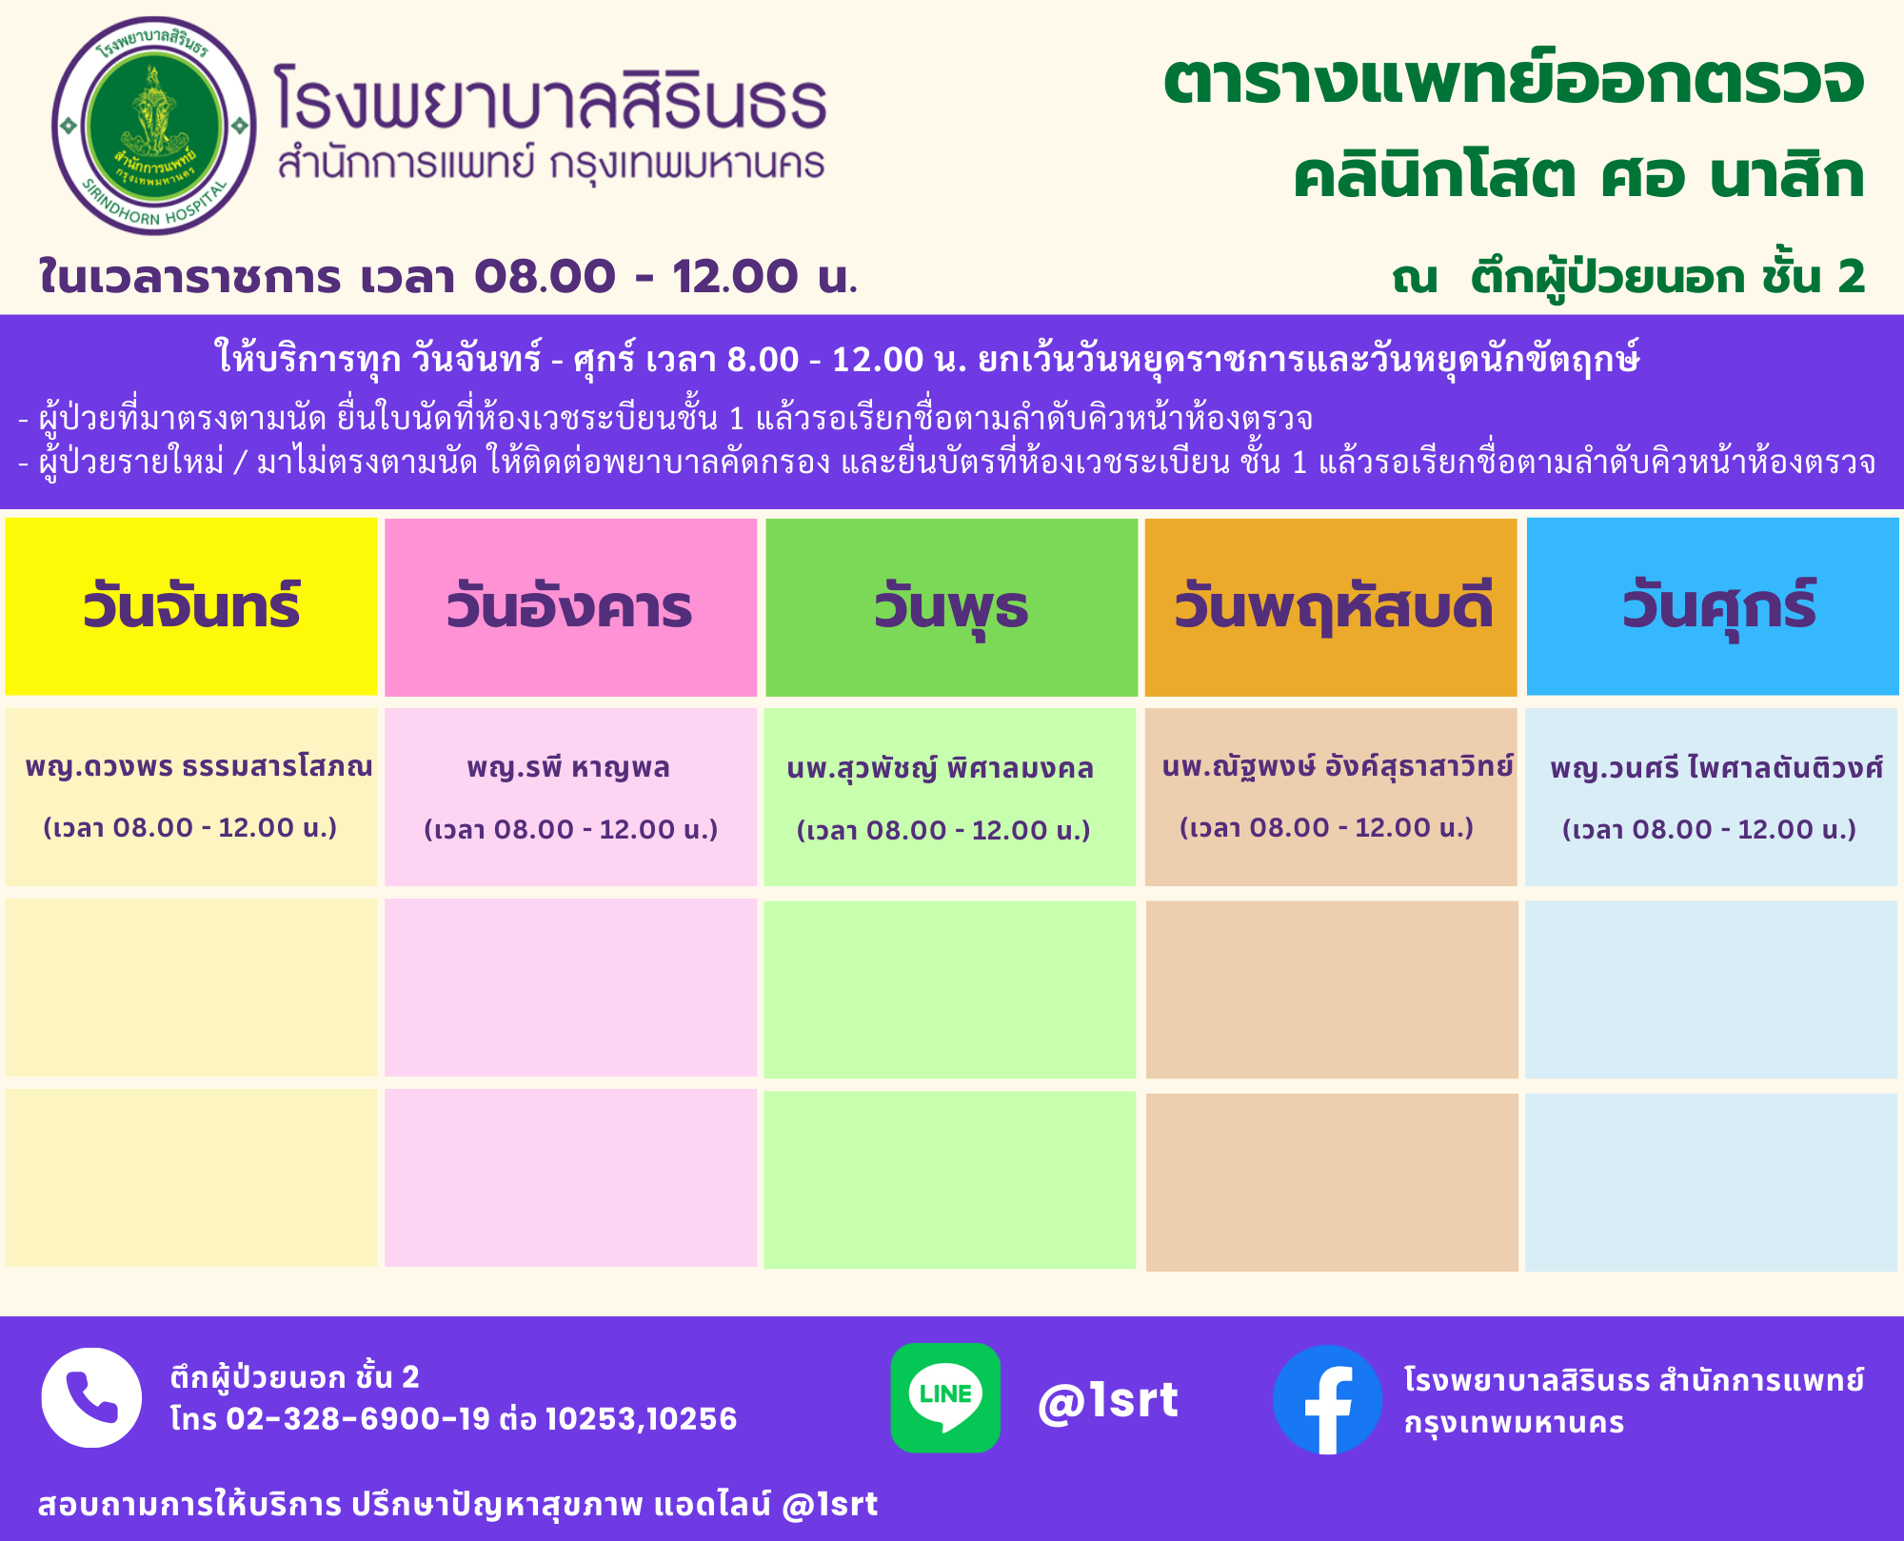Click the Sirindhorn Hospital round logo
point(154,126)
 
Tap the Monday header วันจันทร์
point(191,606)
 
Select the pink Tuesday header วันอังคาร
point(569,607)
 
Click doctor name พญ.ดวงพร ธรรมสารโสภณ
point(199,766)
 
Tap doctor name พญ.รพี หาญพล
point(568,767)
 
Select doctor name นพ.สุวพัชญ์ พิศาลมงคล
point(941,767)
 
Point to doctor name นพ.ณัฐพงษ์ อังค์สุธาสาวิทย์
point(1338,766)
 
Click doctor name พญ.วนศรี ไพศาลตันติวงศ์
point(1716,767)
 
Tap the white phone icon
point(91,1397)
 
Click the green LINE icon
point(945,1397)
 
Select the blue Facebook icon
point(1327,1399)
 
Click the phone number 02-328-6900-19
point(358,1419)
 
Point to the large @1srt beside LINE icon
point(1108,1400)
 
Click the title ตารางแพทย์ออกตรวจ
point(1514,80)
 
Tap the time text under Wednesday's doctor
point(943,830)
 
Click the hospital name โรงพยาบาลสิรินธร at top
point(550,98)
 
